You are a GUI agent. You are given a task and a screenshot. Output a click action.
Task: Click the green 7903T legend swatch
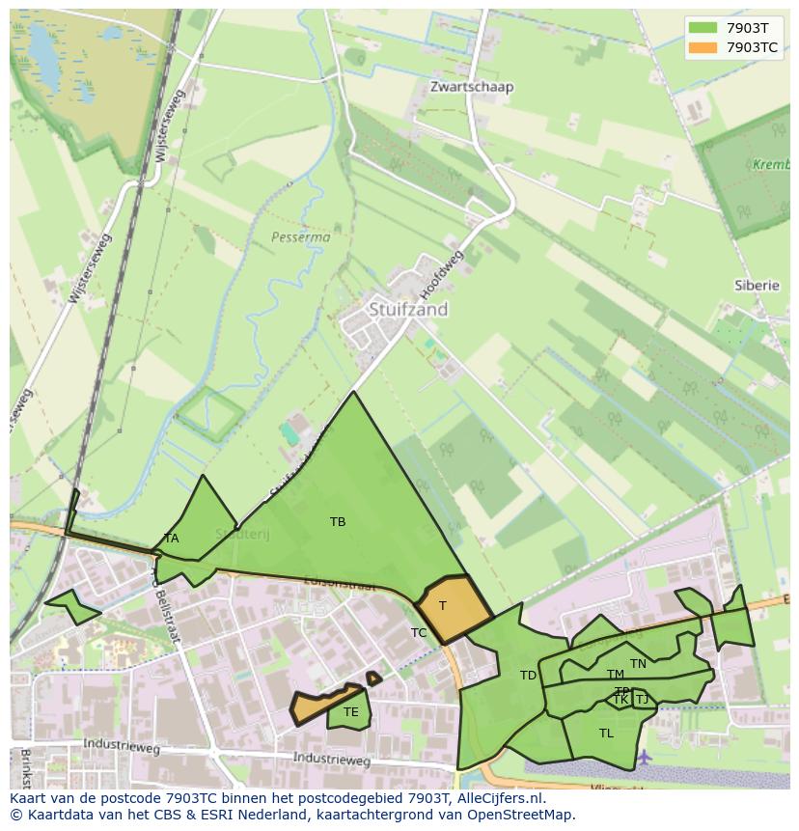coord(704,27)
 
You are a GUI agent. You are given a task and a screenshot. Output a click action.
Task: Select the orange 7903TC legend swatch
coord(704,46)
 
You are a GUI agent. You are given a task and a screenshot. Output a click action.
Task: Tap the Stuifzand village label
coord(408,310)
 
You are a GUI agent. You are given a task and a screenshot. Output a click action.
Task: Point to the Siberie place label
coord(756,286)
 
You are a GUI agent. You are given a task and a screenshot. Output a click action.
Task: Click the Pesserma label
coord(300,236)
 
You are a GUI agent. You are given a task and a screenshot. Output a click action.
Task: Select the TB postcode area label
coord(338,522)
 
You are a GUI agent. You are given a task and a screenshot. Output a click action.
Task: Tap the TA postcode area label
coord(171,539)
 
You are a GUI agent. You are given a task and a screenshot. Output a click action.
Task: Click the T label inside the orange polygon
coord(443,606)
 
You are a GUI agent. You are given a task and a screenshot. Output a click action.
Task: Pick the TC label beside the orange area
coord(419,633)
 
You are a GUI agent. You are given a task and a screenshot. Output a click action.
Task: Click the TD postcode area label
coord(528,676)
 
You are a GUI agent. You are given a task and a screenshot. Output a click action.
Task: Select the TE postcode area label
coord(351,712)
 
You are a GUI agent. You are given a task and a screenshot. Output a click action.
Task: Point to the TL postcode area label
coord(606,734)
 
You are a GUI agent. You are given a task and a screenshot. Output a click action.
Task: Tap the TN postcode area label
coord(638,664)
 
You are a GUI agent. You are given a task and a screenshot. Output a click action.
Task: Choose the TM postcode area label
coord(615,675)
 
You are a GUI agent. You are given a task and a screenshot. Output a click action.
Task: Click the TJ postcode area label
coord(642,700)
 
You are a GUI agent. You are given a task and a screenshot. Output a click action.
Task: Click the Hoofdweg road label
coord(443,273)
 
